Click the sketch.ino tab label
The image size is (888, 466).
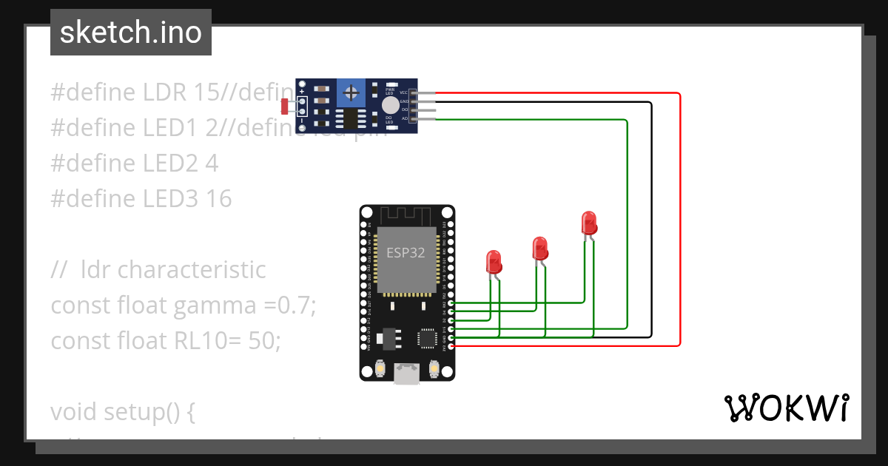point(130,33)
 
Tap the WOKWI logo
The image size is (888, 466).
point(786,408)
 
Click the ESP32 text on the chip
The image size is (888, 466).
point(406,252)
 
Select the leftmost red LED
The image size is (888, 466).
point(493,261)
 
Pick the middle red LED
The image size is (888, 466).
point(539,247)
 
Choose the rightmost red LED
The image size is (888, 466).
point(588,222)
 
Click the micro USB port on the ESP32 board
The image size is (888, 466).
point(406,374)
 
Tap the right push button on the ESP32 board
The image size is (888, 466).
point(434,368)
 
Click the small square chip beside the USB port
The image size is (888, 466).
point(427,338)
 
